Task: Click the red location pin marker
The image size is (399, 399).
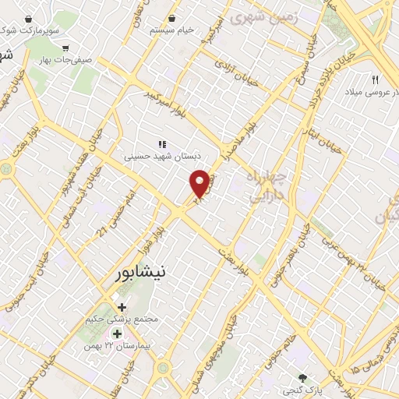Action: click(x=200, y=184)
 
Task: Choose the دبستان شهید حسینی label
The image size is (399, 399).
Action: click(x=161, y=156)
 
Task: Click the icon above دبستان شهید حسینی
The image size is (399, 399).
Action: click(x=162, y=143)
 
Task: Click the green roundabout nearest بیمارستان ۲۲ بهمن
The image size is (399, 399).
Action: click(x=163, y=368)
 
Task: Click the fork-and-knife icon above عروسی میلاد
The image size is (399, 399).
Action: click(x=375, y=79)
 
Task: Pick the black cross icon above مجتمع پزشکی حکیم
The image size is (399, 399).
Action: click(x=122, y=306)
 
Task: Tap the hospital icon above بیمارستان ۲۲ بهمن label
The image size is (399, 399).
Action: click(x=117, y=334)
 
